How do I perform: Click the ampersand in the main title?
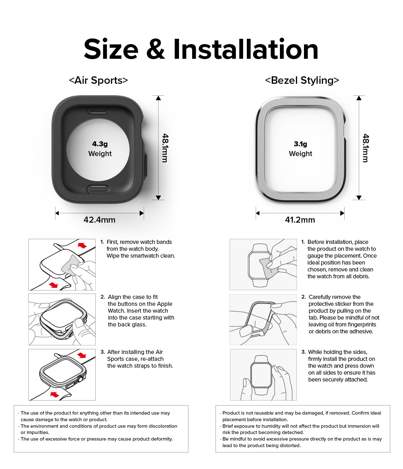(155, 49)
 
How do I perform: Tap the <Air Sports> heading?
(98, 80)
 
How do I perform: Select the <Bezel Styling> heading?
(302, 80)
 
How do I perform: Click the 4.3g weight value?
(100, 144)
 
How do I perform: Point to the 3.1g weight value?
(300, 144)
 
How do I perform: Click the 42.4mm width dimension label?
(99, 220)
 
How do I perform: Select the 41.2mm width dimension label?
(300, 220)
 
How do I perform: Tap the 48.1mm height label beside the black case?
(165, 148)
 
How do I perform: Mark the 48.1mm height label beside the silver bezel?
(366, 148)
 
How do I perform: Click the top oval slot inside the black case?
(98, 110)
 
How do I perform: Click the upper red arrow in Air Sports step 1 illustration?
(82, 245)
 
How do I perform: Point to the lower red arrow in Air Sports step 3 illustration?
(55, 395)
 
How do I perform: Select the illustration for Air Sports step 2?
(62, 319)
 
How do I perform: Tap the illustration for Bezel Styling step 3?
(263, 375)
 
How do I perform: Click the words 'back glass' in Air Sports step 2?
(127, 325)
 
